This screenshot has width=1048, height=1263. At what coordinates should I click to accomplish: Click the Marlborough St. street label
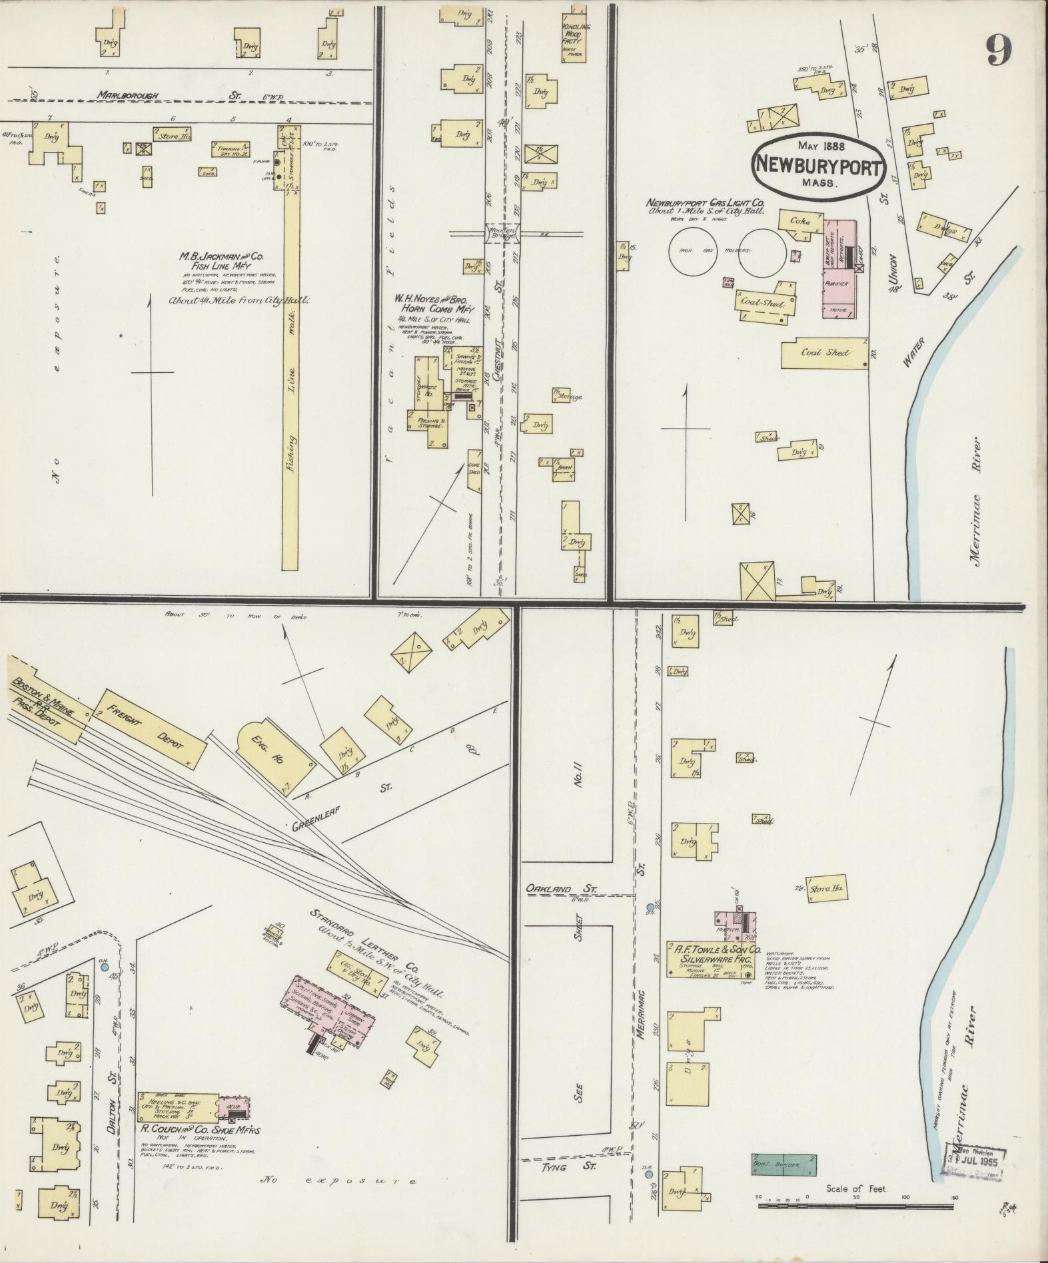pos(128,95)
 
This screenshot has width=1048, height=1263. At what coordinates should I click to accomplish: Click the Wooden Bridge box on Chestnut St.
pos(504,233)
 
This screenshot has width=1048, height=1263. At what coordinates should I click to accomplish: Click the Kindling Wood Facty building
pos(572,37)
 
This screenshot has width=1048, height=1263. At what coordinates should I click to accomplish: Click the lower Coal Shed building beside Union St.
pos(826,353)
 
